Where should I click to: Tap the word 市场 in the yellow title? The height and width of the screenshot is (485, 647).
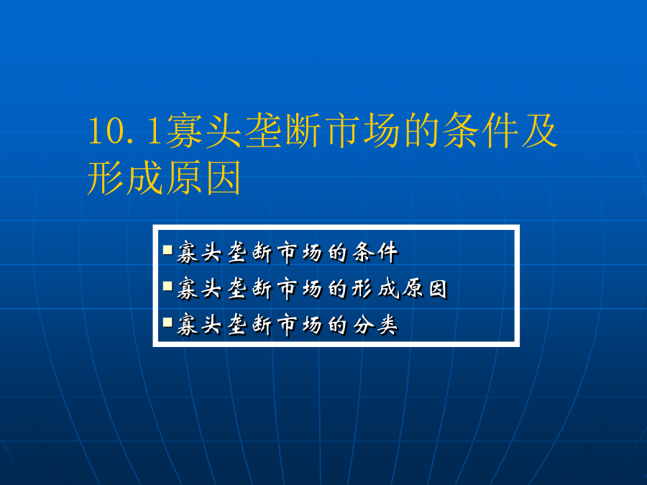click(362, 131)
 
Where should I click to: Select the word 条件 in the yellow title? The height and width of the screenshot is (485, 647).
click(481, 131)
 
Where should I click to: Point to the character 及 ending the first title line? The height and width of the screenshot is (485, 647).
click(540, 131)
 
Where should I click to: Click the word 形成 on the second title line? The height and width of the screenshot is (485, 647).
click(125, 177)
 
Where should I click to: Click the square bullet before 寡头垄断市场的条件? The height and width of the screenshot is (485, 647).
click(168, 249)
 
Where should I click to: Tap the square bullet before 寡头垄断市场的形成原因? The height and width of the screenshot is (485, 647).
click(168, 286)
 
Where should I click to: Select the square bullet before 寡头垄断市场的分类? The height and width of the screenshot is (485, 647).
click(168, 322)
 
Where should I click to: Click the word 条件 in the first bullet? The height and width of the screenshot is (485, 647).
click(376, 252)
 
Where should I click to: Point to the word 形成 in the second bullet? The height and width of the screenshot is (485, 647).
click(376, 289)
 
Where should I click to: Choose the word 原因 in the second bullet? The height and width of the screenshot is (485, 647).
click(426, 289)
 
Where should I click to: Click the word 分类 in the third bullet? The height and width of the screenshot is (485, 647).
click(376, 325)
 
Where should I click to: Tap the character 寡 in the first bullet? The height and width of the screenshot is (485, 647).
click(188, 252)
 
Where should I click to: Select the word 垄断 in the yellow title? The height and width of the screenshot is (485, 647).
click(283, 131)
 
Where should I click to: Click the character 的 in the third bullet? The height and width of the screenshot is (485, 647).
click(338, 325)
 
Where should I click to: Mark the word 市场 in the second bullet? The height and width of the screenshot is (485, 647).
click(300, 289)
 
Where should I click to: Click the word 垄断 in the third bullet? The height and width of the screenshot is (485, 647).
click(250, 325)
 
